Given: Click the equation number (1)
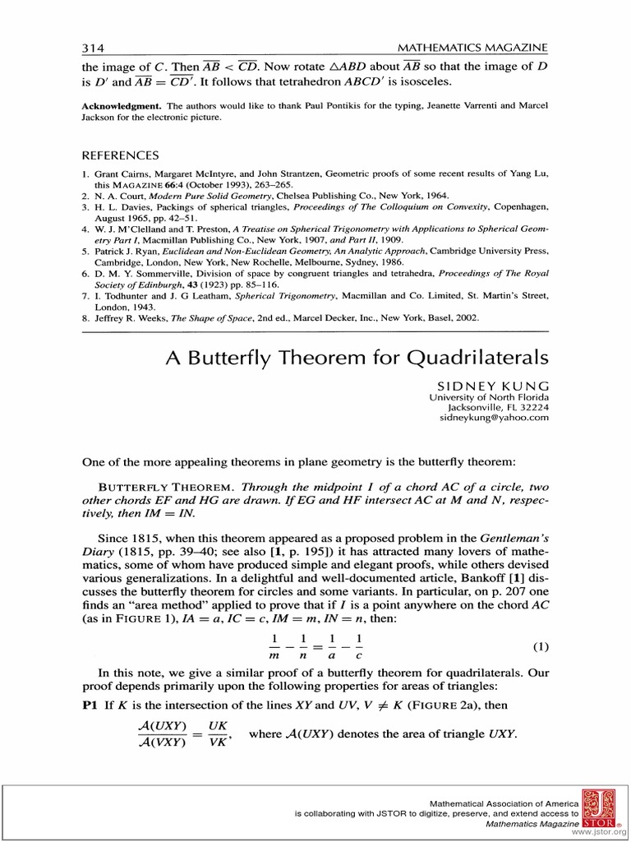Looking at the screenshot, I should pyautogui.click(x=541, y=646).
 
